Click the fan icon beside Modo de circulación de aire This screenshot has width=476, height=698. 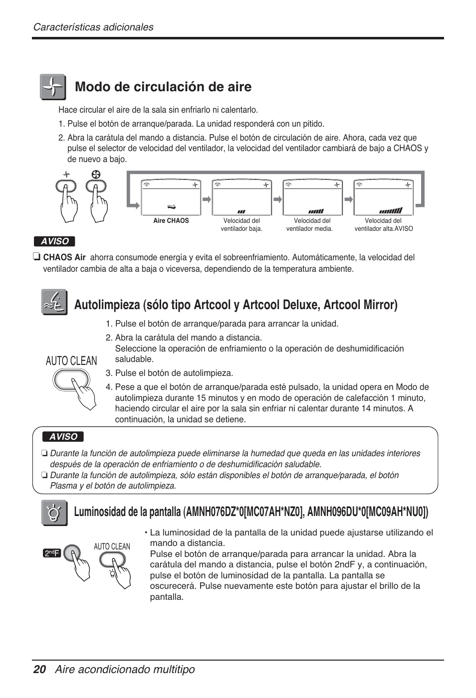click(52, 87)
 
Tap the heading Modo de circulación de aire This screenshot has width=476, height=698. click(163, 87)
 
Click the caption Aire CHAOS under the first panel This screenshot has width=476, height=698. click(171, 221)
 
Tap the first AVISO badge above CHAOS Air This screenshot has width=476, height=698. click(54, 241)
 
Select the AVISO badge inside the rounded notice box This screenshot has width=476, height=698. click(63, 437)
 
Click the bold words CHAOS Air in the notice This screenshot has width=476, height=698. click(64, 258)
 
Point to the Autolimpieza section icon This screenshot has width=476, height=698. click(54, 303)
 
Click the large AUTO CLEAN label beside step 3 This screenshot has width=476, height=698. click(71, 361)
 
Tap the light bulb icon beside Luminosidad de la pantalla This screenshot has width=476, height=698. click(54, 513)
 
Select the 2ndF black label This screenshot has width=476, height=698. click(52, 553)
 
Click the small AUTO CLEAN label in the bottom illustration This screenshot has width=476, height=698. click(112, 546)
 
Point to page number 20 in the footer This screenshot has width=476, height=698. click(39, 670)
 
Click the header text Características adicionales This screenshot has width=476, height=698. click(93, 27)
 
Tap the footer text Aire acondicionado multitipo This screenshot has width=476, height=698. click(125, 670)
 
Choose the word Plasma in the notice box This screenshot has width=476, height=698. click(63, 486)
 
